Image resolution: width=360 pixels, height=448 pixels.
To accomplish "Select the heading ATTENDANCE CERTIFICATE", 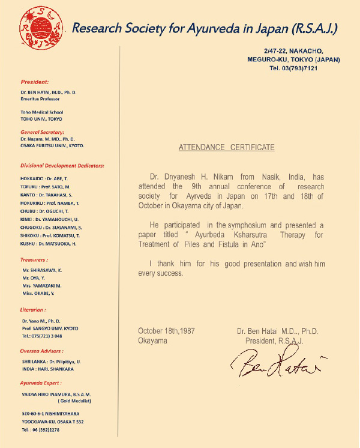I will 226,147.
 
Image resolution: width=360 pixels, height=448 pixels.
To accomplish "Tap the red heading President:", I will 35,82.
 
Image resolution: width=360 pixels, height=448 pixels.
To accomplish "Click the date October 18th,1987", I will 166,331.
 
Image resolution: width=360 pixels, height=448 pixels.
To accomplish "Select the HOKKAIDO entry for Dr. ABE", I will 45,179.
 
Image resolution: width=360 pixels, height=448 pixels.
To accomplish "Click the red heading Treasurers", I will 34,260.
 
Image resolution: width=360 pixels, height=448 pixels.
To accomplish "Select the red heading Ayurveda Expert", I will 40,383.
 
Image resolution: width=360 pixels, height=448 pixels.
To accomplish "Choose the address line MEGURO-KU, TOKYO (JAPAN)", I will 293,59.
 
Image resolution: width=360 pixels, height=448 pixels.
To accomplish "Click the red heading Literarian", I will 32,310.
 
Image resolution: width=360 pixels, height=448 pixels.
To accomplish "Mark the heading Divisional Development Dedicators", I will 62,165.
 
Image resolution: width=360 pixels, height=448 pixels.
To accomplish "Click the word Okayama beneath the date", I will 152,341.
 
